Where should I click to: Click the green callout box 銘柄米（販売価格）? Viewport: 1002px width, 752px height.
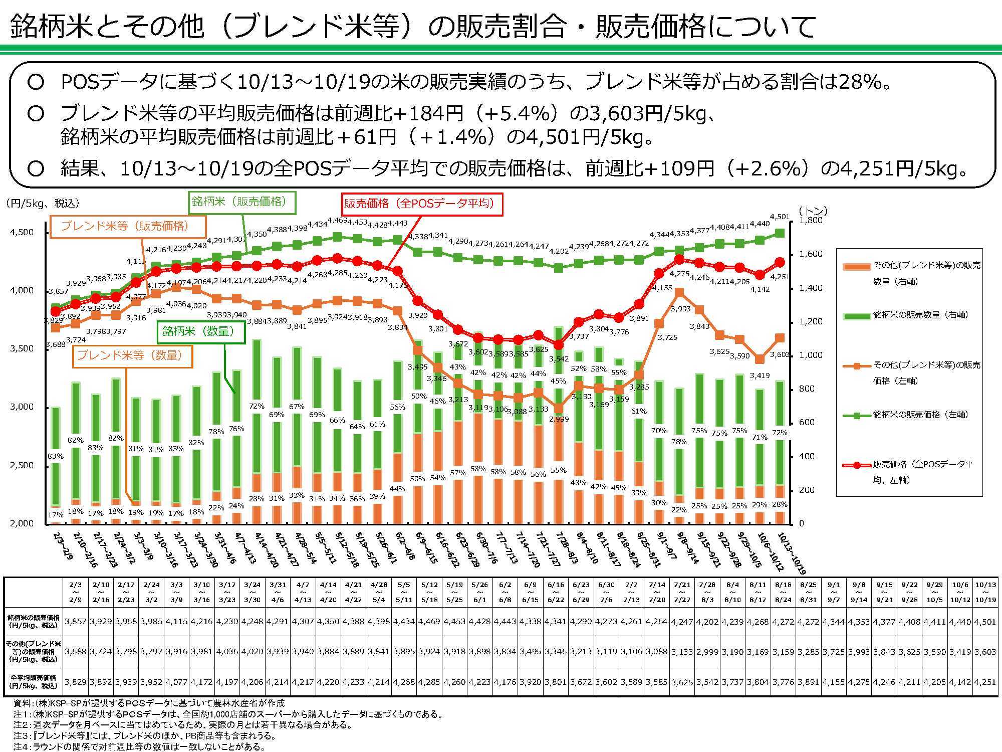(242, 203)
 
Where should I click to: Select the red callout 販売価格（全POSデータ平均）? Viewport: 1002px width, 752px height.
(422, 204)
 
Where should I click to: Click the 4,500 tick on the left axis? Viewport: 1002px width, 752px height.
(22, 232)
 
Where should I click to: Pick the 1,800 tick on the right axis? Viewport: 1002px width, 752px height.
(810, 221)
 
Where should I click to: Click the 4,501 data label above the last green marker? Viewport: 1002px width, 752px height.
(780, 217)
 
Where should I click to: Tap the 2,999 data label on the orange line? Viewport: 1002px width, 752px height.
(559, 419)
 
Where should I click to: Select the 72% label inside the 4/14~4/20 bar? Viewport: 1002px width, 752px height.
(257, 406)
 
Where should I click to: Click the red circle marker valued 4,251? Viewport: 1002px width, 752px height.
(780, 262)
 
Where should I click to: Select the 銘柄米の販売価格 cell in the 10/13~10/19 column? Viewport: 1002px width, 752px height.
(985, 622)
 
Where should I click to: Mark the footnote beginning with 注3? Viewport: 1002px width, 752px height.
(145, 736)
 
